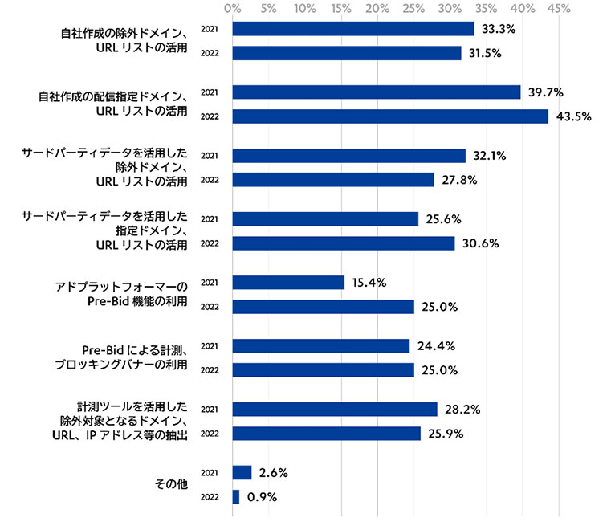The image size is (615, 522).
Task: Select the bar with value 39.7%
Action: (x=376, y=92)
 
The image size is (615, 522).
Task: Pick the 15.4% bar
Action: (x=288, y=283)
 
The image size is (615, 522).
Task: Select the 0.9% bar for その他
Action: (x=235, y=497)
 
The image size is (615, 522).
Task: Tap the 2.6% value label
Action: (x=274, y=473)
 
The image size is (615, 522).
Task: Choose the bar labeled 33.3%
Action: (x=353, y=29)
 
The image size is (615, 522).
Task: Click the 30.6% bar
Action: (x=344, y=243)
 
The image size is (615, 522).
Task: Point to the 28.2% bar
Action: (x=335, y=410)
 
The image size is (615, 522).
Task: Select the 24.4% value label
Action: (x=437, y=346)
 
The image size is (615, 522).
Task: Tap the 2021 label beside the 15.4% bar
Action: (x=210, y=283)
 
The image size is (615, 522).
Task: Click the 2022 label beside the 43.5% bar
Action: (x=210, y=116)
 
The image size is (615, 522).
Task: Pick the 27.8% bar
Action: (x=333, y=180)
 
